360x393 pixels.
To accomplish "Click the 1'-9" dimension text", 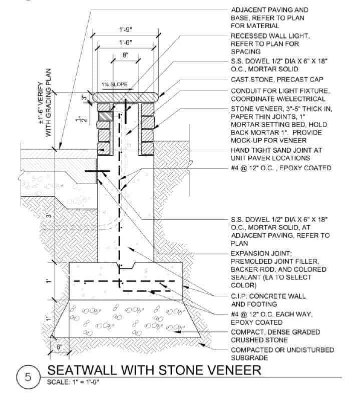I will tap(124, 30).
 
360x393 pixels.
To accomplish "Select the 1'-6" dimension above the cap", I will tap(124, 44).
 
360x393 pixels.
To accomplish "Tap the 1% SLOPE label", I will tap(112, 83).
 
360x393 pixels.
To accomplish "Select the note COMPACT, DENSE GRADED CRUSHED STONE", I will tap(280, 336).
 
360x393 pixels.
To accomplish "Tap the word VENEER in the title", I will tap(230, 371).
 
